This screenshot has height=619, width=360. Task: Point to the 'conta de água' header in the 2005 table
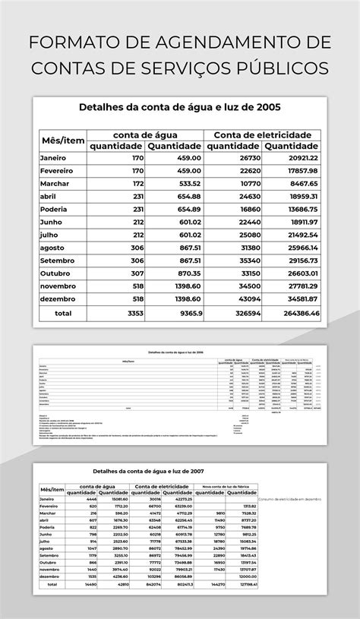(145, 134)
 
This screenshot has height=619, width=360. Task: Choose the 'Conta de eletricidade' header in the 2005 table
(262, 134)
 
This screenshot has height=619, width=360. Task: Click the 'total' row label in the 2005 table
(63, 314)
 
